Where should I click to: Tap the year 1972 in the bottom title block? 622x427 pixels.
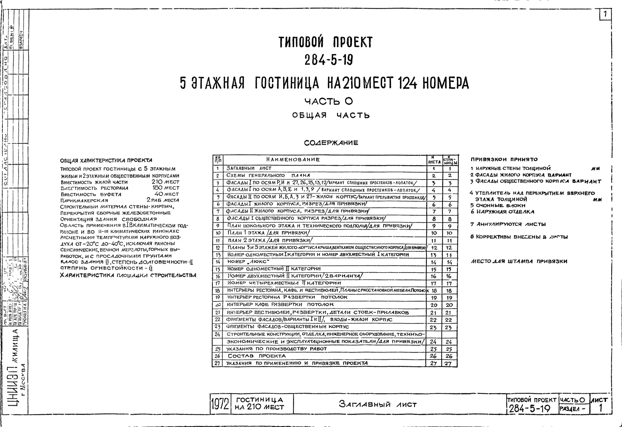220,404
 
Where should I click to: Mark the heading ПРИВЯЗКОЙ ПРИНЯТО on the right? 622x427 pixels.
504,159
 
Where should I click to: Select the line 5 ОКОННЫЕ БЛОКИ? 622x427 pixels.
498,205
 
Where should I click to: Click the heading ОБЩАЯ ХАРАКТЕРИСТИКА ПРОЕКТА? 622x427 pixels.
106,161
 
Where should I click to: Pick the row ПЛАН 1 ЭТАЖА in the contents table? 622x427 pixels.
268,233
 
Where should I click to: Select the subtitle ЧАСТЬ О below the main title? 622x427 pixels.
329,101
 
